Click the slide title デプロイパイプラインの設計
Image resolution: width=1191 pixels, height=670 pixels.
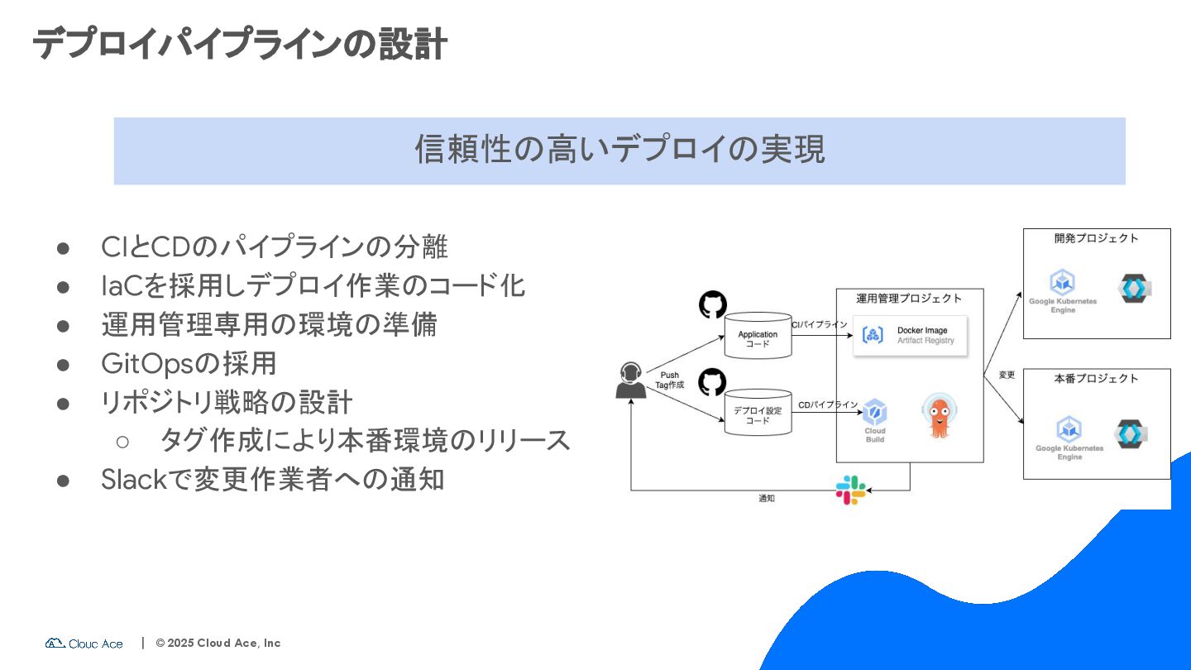(240, 44)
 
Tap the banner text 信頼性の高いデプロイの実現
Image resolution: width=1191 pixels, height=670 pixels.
(619, 151)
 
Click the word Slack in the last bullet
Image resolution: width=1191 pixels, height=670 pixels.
(133, 479)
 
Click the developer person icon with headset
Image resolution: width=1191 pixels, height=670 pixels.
(630, 380)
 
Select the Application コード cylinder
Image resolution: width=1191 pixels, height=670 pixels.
(758, 336)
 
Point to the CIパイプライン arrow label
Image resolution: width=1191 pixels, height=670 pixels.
(820, 325)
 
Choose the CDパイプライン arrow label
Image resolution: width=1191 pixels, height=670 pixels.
(828, 404)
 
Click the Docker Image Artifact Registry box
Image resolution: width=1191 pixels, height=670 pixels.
(910, 336)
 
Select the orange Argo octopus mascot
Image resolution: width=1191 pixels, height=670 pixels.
(939, 416)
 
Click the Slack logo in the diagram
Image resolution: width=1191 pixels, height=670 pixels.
(849, 491)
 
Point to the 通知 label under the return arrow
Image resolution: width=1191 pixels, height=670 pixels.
(767, 499)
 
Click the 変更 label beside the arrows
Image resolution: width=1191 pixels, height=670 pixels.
(1007, 375)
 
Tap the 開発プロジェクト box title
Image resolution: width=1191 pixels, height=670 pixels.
(1096, 238)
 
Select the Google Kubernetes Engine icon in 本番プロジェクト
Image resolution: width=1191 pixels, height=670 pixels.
(1069, 429)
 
